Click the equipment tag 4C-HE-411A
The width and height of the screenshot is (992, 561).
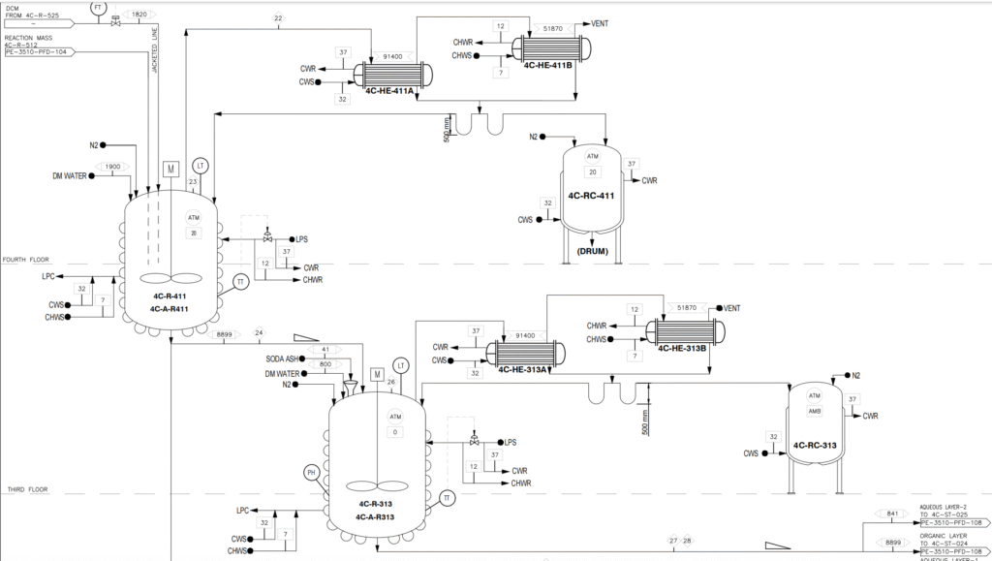[389, 92]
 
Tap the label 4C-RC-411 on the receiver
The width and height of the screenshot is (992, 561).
[593, 196]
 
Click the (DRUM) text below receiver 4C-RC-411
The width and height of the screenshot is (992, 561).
[593, 251]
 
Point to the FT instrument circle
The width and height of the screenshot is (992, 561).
[97, 7]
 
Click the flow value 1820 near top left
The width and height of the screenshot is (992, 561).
[139, 16]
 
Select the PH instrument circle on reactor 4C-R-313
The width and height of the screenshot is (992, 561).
[312, 473]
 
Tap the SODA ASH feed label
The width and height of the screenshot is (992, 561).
[281, 358]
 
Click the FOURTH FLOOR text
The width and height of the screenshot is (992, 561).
[26, 260]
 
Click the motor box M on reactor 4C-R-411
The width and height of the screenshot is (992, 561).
[170, 169]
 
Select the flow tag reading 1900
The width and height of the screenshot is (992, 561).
[112, 167]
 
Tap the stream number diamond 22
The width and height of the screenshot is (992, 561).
[278, 18]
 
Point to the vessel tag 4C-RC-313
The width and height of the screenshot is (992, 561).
[815, 446]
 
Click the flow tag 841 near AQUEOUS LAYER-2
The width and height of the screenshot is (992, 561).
[892, 514]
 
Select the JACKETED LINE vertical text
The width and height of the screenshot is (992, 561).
[155, 51]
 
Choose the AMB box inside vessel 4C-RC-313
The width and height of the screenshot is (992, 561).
[815, 410]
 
